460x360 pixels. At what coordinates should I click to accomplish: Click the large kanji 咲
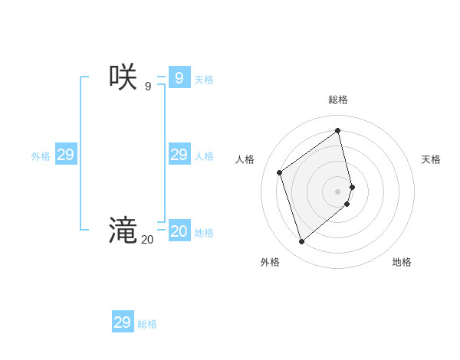point(123,77)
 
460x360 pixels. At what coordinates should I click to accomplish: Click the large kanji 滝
point(123,230)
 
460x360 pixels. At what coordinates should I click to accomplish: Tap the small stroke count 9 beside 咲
point(148,87)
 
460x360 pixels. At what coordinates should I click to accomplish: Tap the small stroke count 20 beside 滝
point(147,240)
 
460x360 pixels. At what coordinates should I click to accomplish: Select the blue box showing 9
point(179,77)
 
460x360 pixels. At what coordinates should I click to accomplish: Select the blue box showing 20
point(179,231)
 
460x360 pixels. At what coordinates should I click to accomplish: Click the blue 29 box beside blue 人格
point(179,155)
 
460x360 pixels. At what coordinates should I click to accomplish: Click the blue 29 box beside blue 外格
point(66,155)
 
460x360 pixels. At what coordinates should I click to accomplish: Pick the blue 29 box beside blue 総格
point(123,322)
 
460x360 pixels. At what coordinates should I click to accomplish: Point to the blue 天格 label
point(204,80)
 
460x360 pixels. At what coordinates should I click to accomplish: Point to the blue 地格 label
point(204,233)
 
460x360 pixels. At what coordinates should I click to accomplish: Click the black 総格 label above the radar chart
point(338,100)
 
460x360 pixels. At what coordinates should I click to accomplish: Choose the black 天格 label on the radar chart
point(431,159)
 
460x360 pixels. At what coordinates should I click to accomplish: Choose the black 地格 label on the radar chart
point(402,262)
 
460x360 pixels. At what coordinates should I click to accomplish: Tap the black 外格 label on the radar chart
point(270,262)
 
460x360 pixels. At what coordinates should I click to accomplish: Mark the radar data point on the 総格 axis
point(338,130)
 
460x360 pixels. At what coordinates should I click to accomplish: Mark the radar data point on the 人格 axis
point(280,172)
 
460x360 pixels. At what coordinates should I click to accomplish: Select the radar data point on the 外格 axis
point(301,242)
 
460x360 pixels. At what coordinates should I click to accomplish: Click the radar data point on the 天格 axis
point(353,186)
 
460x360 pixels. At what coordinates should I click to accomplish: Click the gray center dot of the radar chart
point(338,191)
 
